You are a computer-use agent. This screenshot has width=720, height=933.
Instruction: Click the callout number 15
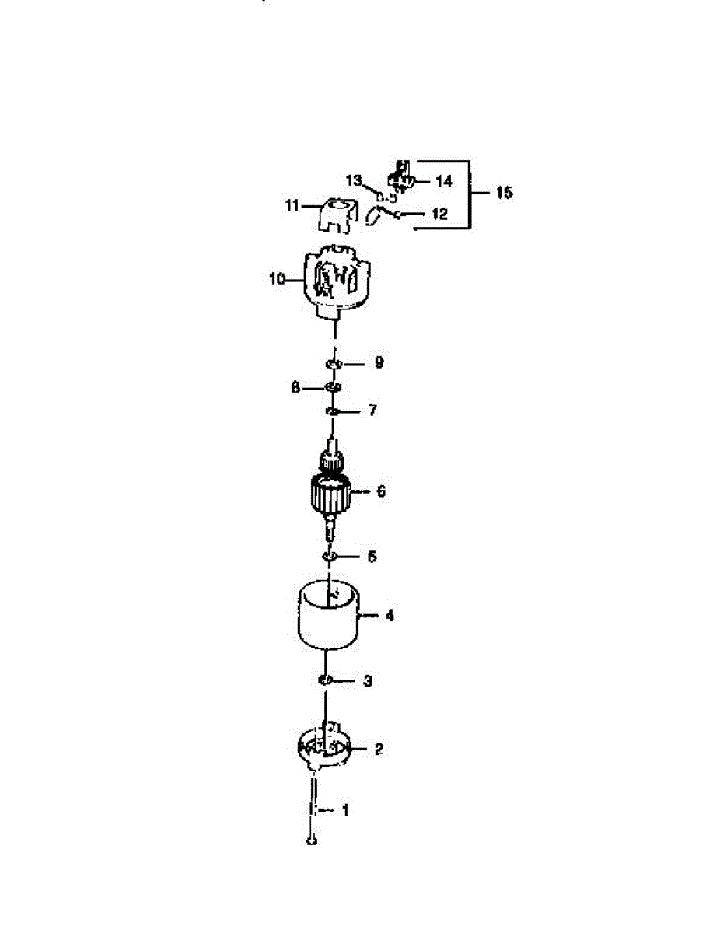click(504, 193)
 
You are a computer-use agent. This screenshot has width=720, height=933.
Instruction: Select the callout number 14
click(443, 181)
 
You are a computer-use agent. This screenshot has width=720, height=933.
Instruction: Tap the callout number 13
click(355, 180)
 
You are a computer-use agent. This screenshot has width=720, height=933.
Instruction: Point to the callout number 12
click(439, 214)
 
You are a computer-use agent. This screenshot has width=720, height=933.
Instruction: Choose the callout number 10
click(278, 278)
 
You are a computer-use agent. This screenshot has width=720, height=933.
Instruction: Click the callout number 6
click(380, 491)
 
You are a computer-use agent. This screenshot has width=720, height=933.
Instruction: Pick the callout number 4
click(390, 615)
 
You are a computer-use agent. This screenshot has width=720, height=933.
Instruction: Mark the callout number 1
click(346, 810)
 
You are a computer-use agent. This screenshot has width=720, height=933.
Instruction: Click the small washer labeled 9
click(333, 363)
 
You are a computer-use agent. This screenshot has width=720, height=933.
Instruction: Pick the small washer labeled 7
click(332, 411)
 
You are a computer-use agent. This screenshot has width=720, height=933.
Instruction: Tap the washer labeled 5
click(329, 557)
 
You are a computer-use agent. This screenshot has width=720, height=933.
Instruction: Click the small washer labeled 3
click(325, 681)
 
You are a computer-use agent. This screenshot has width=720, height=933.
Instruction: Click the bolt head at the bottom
click(312, 841)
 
